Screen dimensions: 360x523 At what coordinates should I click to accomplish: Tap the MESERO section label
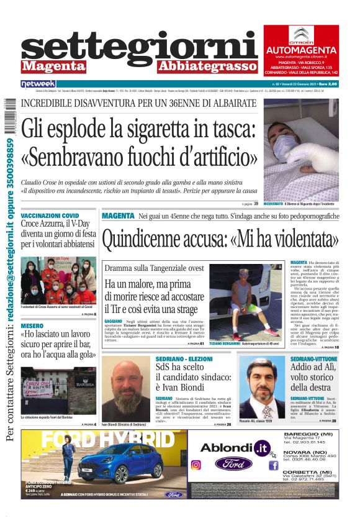tap(32, 325)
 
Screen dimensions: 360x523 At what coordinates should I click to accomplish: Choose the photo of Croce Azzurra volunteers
tap(58, 280)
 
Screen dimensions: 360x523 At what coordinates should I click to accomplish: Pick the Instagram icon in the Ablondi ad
tap(196, 465)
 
